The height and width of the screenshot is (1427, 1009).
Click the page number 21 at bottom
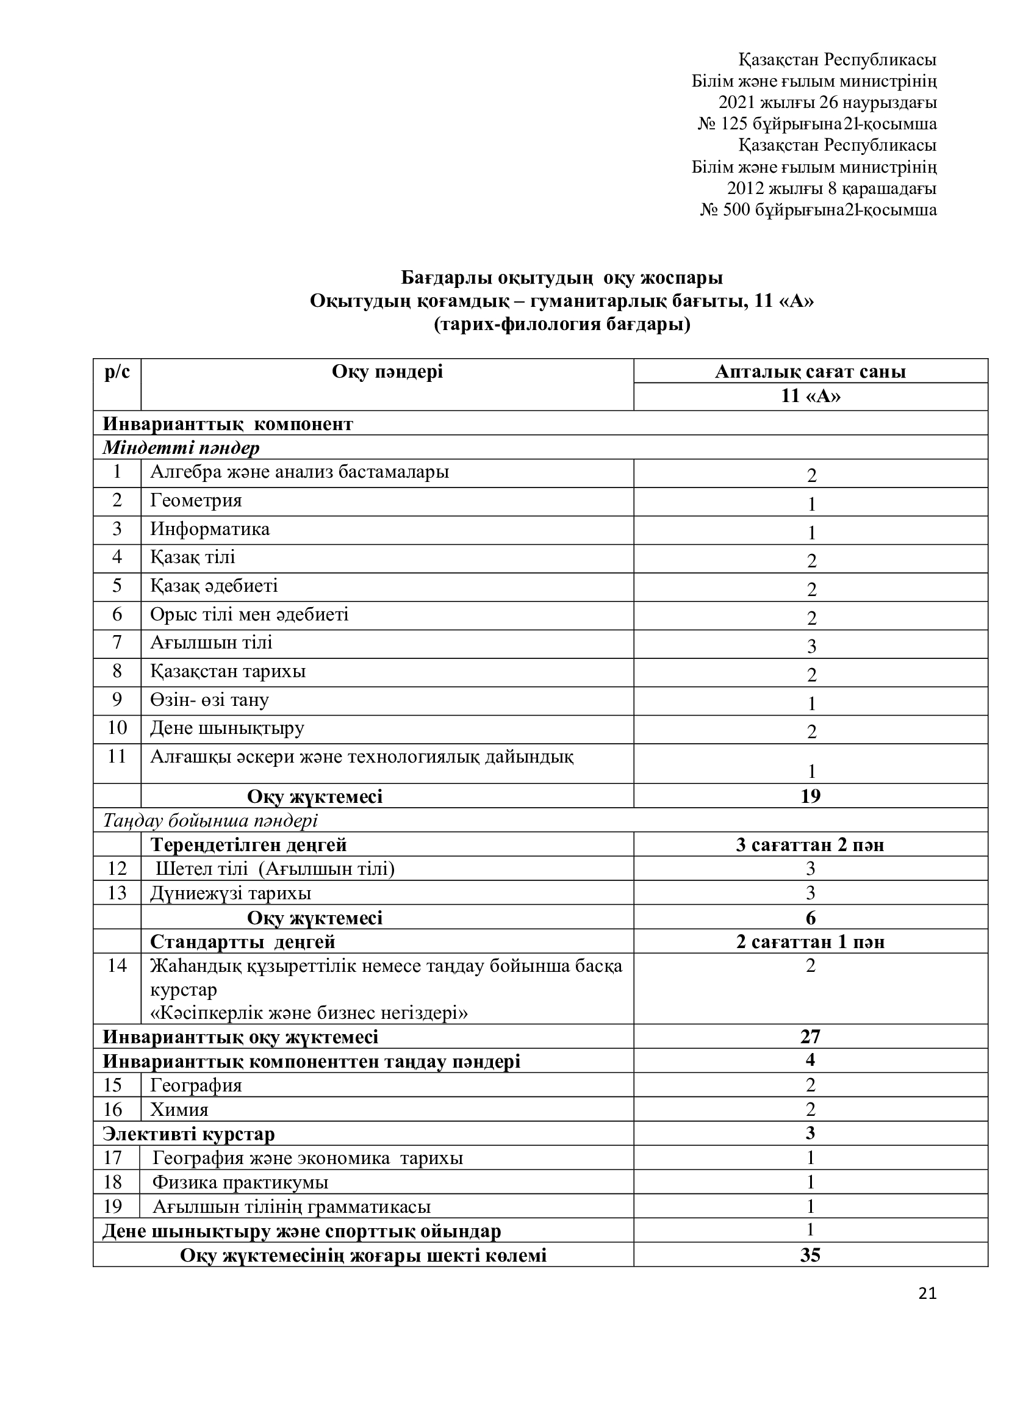tap(927, 1293)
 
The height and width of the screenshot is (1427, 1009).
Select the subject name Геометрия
tap(196, 501)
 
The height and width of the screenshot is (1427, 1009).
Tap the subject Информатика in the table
tap(210, 530)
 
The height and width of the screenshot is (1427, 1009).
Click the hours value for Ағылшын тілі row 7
tap(811, 647)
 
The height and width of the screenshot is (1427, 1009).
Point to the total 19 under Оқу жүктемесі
tap(811, 796)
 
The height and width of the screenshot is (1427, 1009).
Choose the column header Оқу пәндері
tap(387, 372)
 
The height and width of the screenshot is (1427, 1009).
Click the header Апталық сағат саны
tap(810, 372)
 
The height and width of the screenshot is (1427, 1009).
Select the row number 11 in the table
tap(117, 757)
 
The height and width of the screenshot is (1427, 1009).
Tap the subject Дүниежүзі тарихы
tap(231, 894)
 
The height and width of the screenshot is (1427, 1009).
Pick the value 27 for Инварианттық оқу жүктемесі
tap(811, 1037)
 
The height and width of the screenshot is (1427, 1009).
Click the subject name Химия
tap(179, 1110)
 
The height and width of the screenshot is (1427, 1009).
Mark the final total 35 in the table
tap(811, 1255)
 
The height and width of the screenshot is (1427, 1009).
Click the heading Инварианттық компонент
tap(228, 425)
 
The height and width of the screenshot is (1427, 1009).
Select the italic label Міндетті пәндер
tap(181, 448)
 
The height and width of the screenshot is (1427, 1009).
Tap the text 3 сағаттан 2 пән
tap(810, 845)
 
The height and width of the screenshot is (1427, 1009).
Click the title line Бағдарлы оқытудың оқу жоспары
tap(562, 278)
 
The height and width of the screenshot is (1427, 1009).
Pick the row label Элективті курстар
tap(189, 1134)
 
